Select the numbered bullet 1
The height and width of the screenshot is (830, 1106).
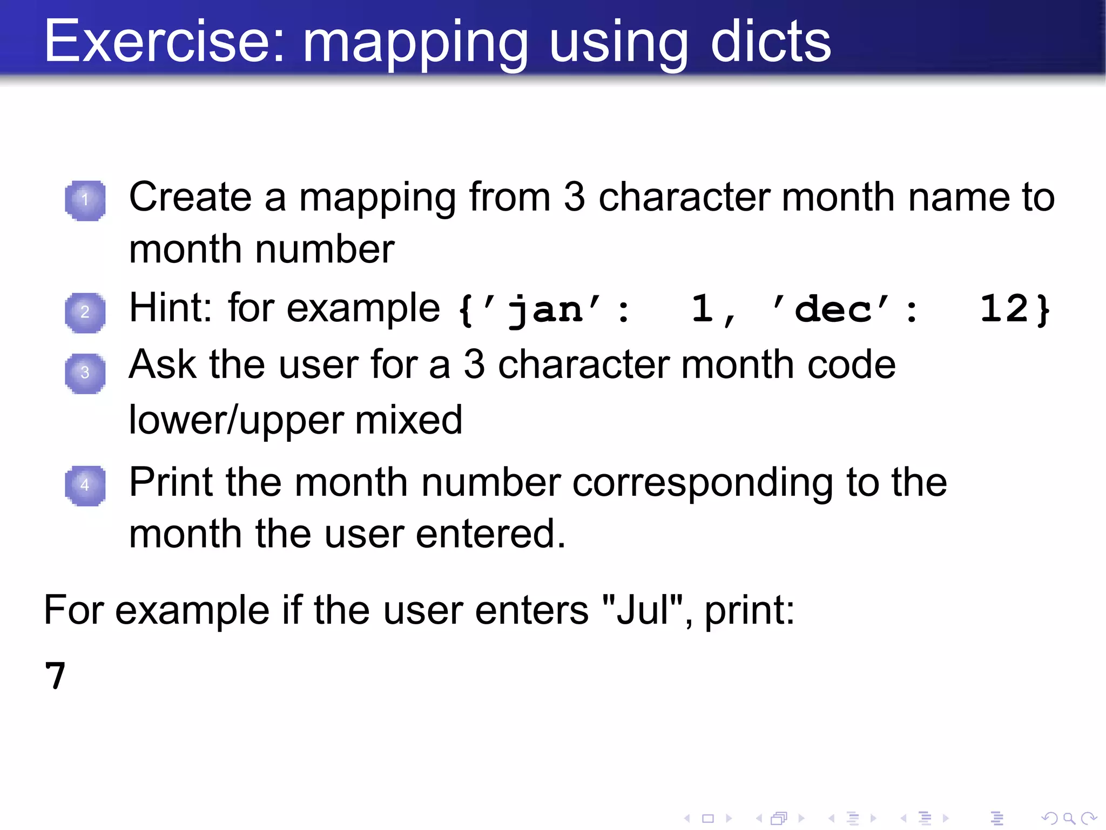coord(85,200)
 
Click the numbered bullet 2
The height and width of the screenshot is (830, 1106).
coord(85,312)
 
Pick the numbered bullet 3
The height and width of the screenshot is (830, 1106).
coord(85,373)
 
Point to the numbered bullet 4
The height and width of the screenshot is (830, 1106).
coord(85,485)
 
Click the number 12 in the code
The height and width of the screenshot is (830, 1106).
coord(1003,309)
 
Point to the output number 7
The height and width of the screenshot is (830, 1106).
coord(55,676)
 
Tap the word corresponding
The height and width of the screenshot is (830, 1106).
coord(702,482)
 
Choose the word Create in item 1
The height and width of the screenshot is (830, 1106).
coord(190,197)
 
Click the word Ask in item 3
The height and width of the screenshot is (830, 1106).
coord(162,364)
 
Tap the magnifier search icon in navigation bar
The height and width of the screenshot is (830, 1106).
coord(1068,819)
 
